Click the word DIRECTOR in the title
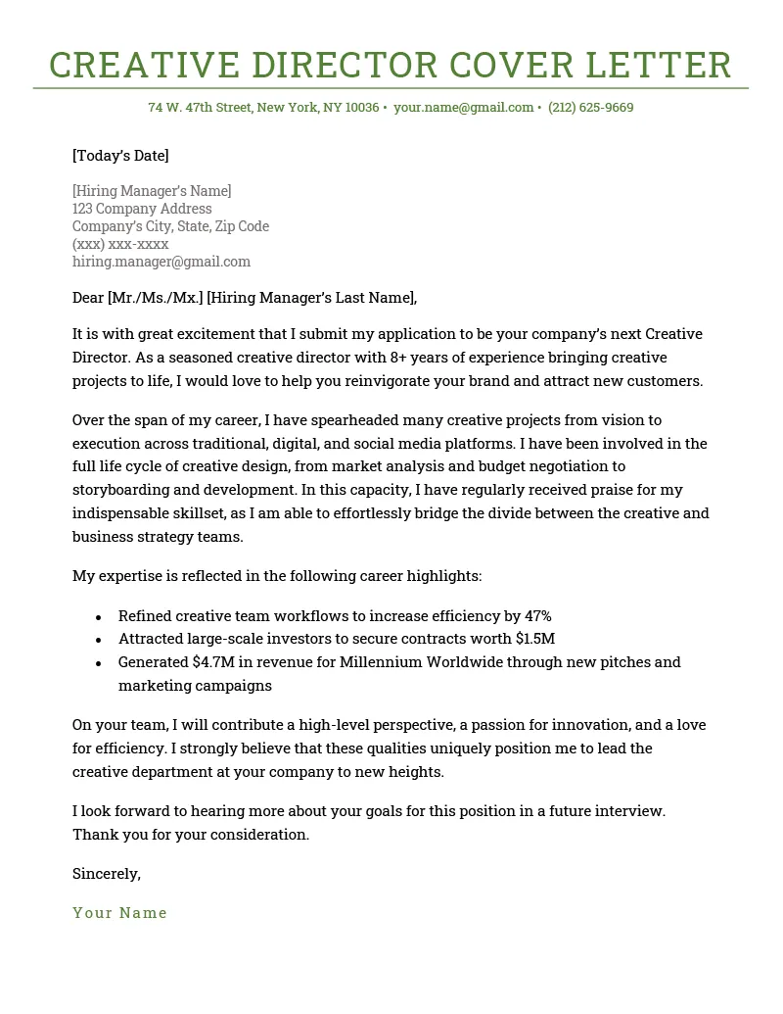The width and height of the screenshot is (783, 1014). (x=343, y=65)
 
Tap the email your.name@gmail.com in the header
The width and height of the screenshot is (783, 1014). (x=463, y=107)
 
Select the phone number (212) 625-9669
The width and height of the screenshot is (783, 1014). (x=590, y=107)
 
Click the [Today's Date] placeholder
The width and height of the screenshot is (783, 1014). (x=120, y=155)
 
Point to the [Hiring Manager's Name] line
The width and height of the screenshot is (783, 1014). (x=152, y=191)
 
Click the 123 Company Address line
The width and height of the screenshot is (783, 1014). (x=142, y=209)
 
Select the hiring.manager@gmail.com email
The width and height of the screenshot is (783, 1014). (x=161, y=262)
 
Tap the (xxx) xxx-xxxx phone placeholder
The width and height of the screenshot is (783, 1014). (x=120, y=244)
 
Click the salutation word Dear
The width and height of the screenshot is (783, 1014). (x=88, y=298)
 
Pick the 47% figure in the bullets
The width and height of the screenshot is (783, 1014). (x=537, y=616)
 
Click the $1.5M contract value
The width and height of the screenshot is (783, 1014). (x=535, y=639)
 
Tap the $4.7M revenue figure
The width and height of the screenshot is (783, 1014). (x=213, y=662)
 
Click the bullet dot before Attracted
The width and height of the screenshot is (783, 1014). (x=99, y=640)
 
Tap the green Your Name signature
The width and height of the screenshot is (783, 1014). (x=119, y=913)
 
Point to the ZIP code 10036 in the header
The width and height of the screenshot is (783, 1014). (x=362, y=107)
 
